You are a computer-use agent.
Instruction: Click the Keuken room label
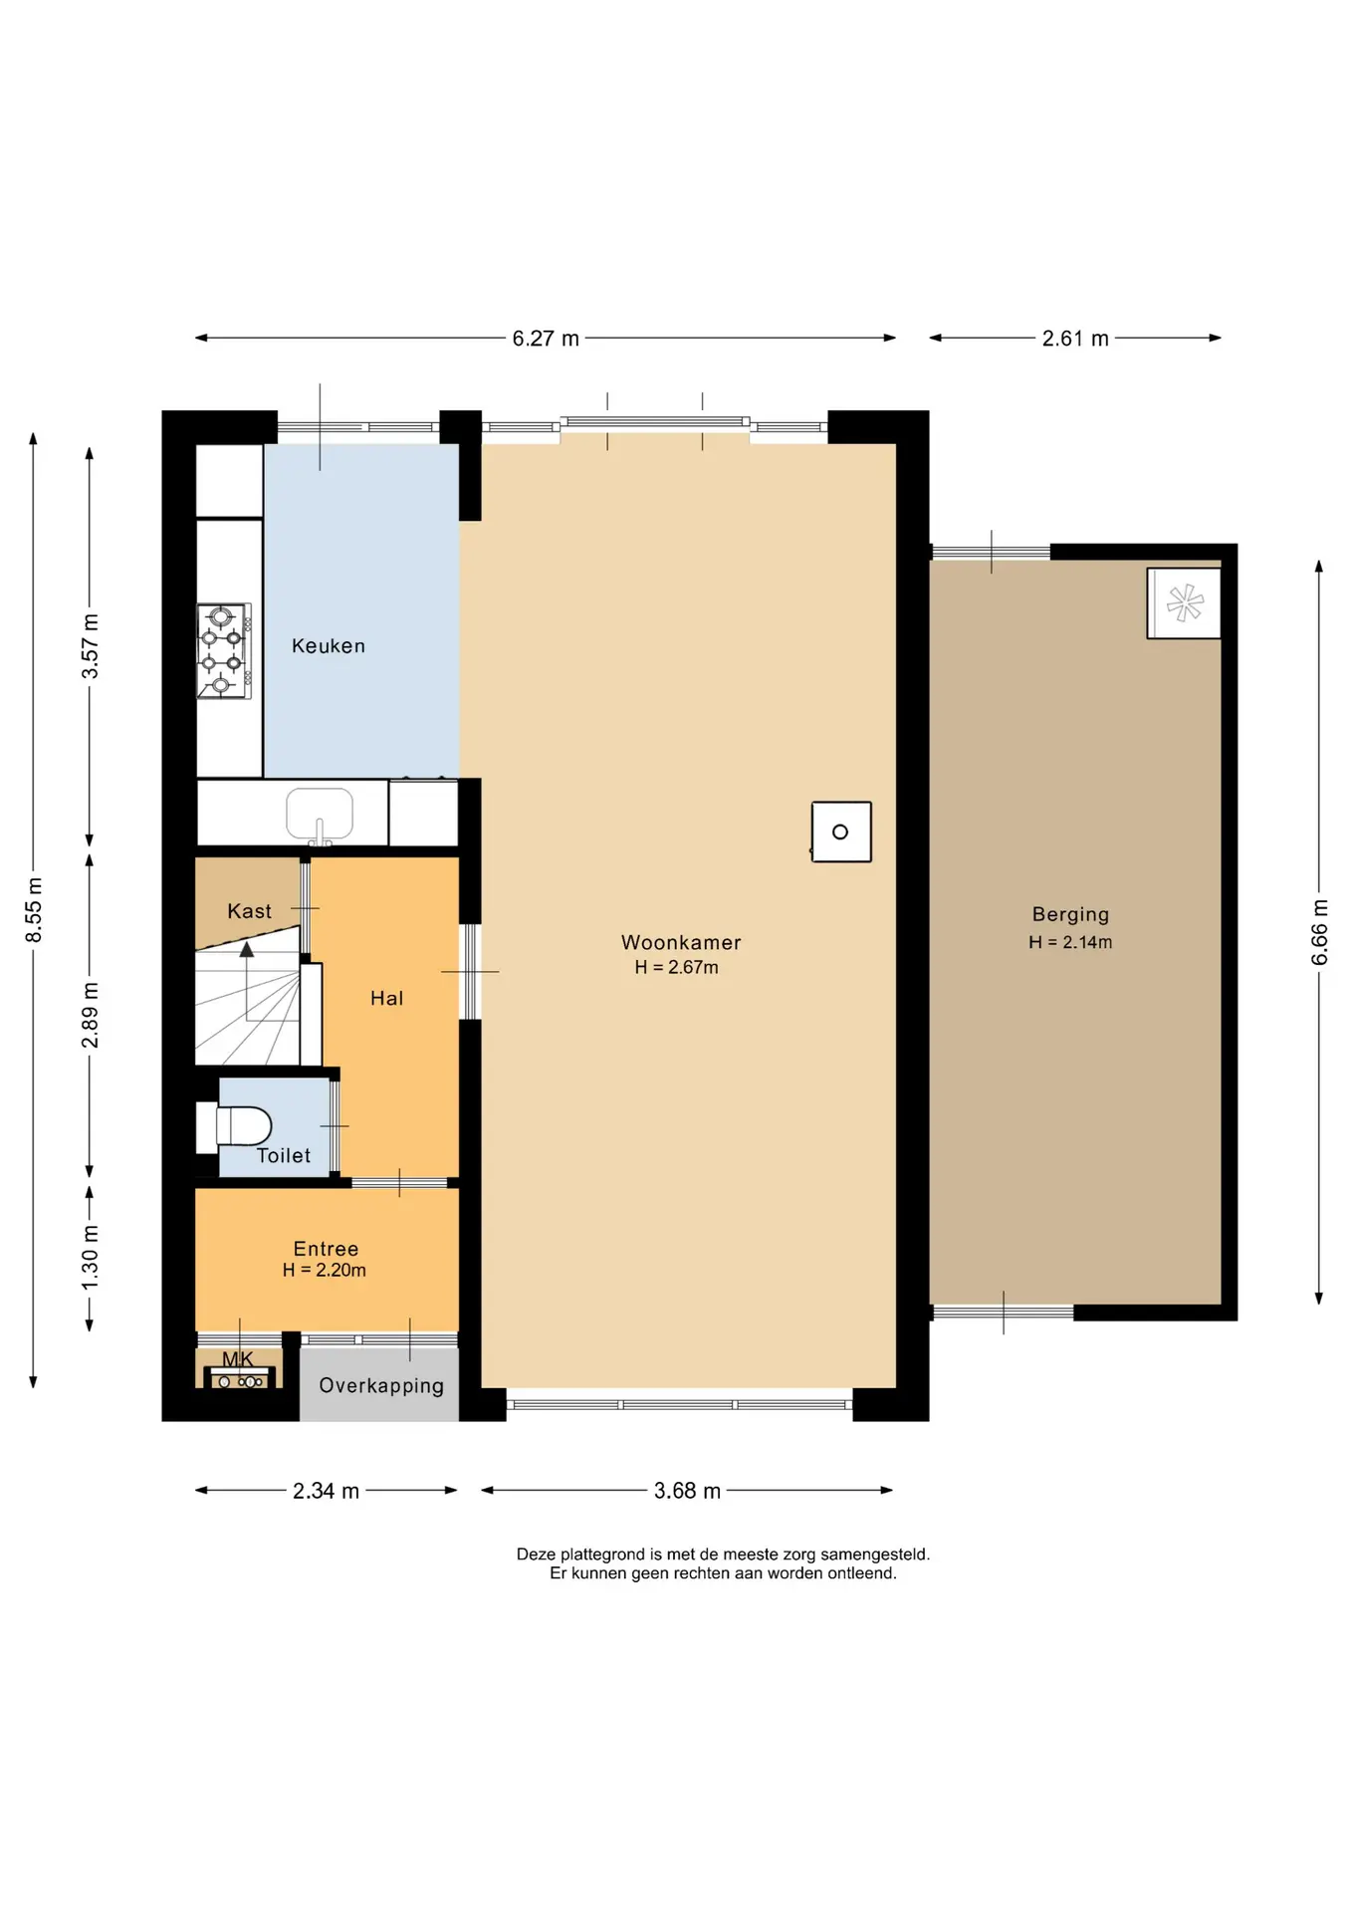point(329,646)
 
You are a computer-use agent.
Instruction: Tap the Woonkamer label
point(681,942)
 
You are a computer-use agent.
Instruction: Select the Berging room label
point(1070,914)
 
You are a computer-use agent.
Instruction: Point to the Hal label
point(387,998)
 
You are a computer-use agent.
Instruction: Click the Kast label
point(249,911)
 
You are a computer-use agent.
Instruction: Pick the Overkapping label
point(381,1386)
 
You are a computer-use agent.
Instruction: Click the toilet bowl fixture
point(235,1126)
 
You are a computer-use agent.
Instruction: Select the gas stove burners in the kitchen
point(224,651)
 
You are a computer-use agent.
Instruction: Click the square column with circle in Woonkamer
point(841,832)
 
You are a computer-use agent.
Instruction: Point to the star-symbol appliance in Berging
point(1184,602)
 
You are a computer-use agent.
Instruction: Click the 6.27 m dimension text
point(546,339)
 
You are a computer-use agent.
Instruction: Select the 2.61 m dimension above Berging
point(1075,339)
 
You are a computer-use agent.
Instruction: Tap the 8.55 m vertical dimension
point(34,910)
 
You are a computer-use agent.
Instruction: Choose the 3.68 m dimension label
point(687,1491)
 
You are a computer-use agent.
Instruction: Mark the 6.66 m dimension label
point(1319,932)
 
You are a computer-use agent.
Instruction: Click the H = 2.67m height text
point(677,967)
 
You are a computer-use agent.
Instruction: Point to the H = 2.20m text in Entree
point(325,1271)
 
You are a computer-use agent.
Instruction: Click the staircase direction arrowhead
point(247,949)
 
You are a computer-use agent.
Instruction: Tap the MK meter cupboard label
point(238,1358)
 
